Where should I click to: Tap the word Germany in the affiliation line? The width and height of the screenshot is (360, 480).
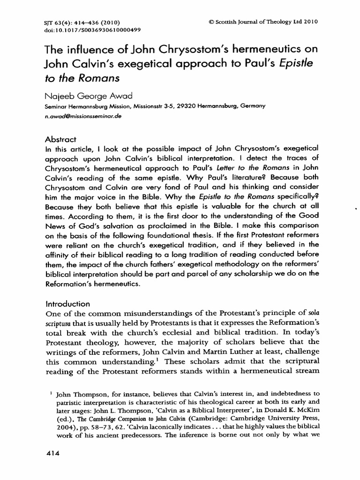(x=253, y=106)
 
